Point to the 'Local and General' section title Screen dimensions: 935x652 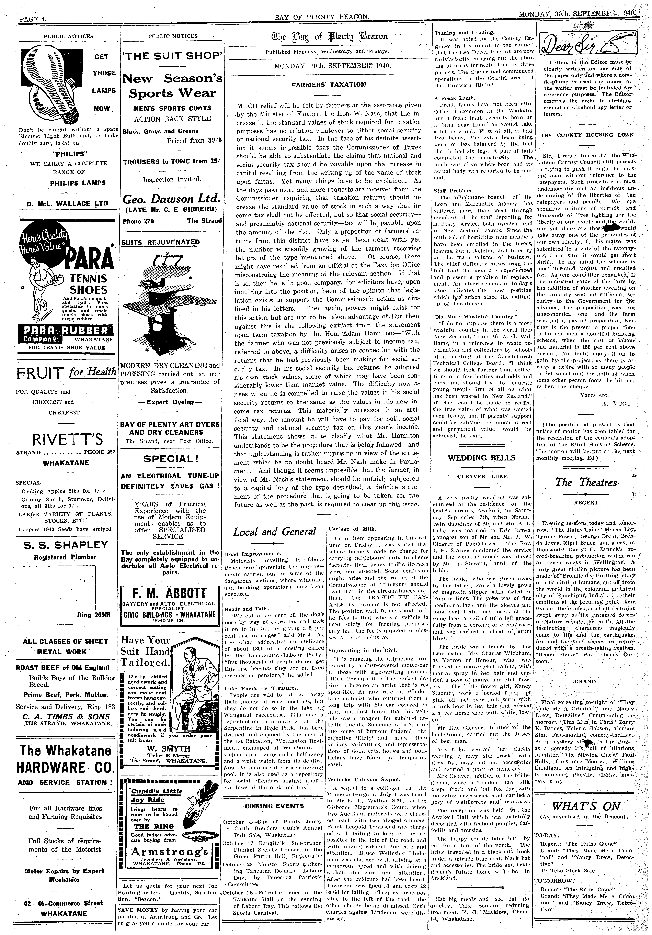[x=274, y=532]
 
